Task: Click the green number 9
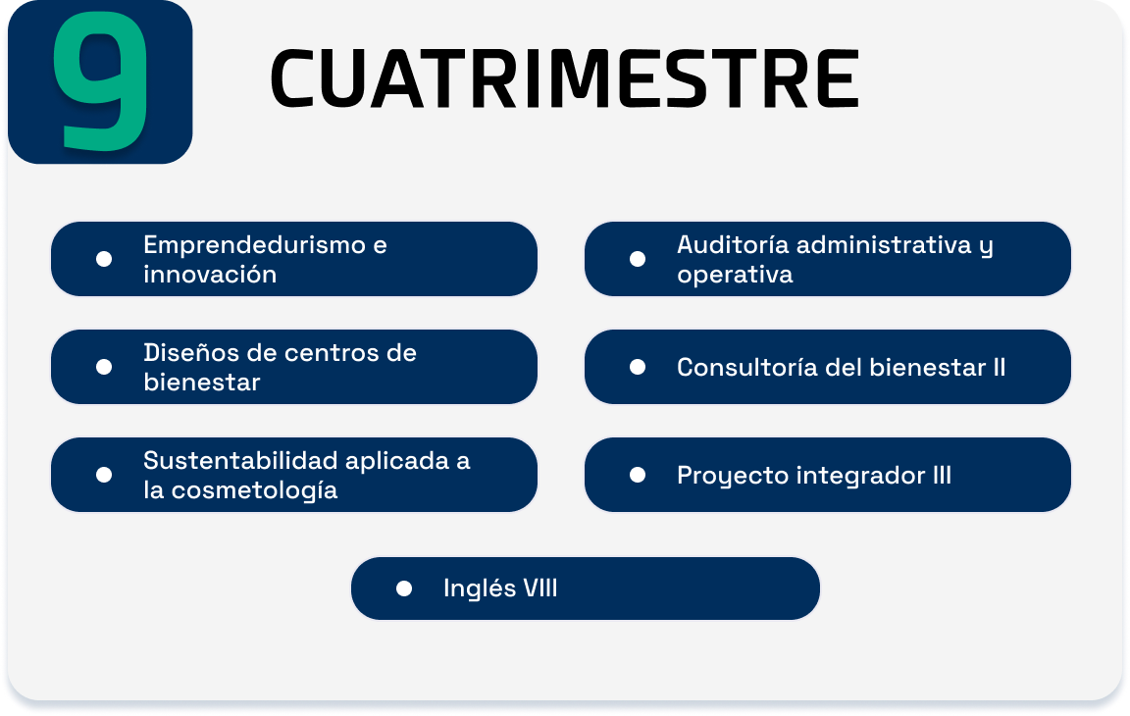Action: coord(101,80)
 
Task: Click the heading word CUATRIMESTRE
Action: coord(564,78)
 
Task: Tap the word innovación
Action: coord(210,275)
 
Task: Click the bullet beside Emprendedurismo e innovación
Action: coord(104,259)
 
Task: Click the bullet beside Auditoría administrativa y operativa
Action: coord(637,259)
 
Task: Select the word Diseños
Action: coord(191,353)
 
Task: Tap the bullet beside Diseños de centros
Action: coord(104,368)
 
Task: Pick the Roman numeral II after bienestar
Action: coord(999,368)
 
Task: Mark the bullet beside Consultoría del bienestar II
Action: coord(637,368)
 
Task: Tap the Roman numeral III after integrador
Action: coord(942,476)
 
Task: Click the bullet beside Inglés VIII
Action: coord(404,589)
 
